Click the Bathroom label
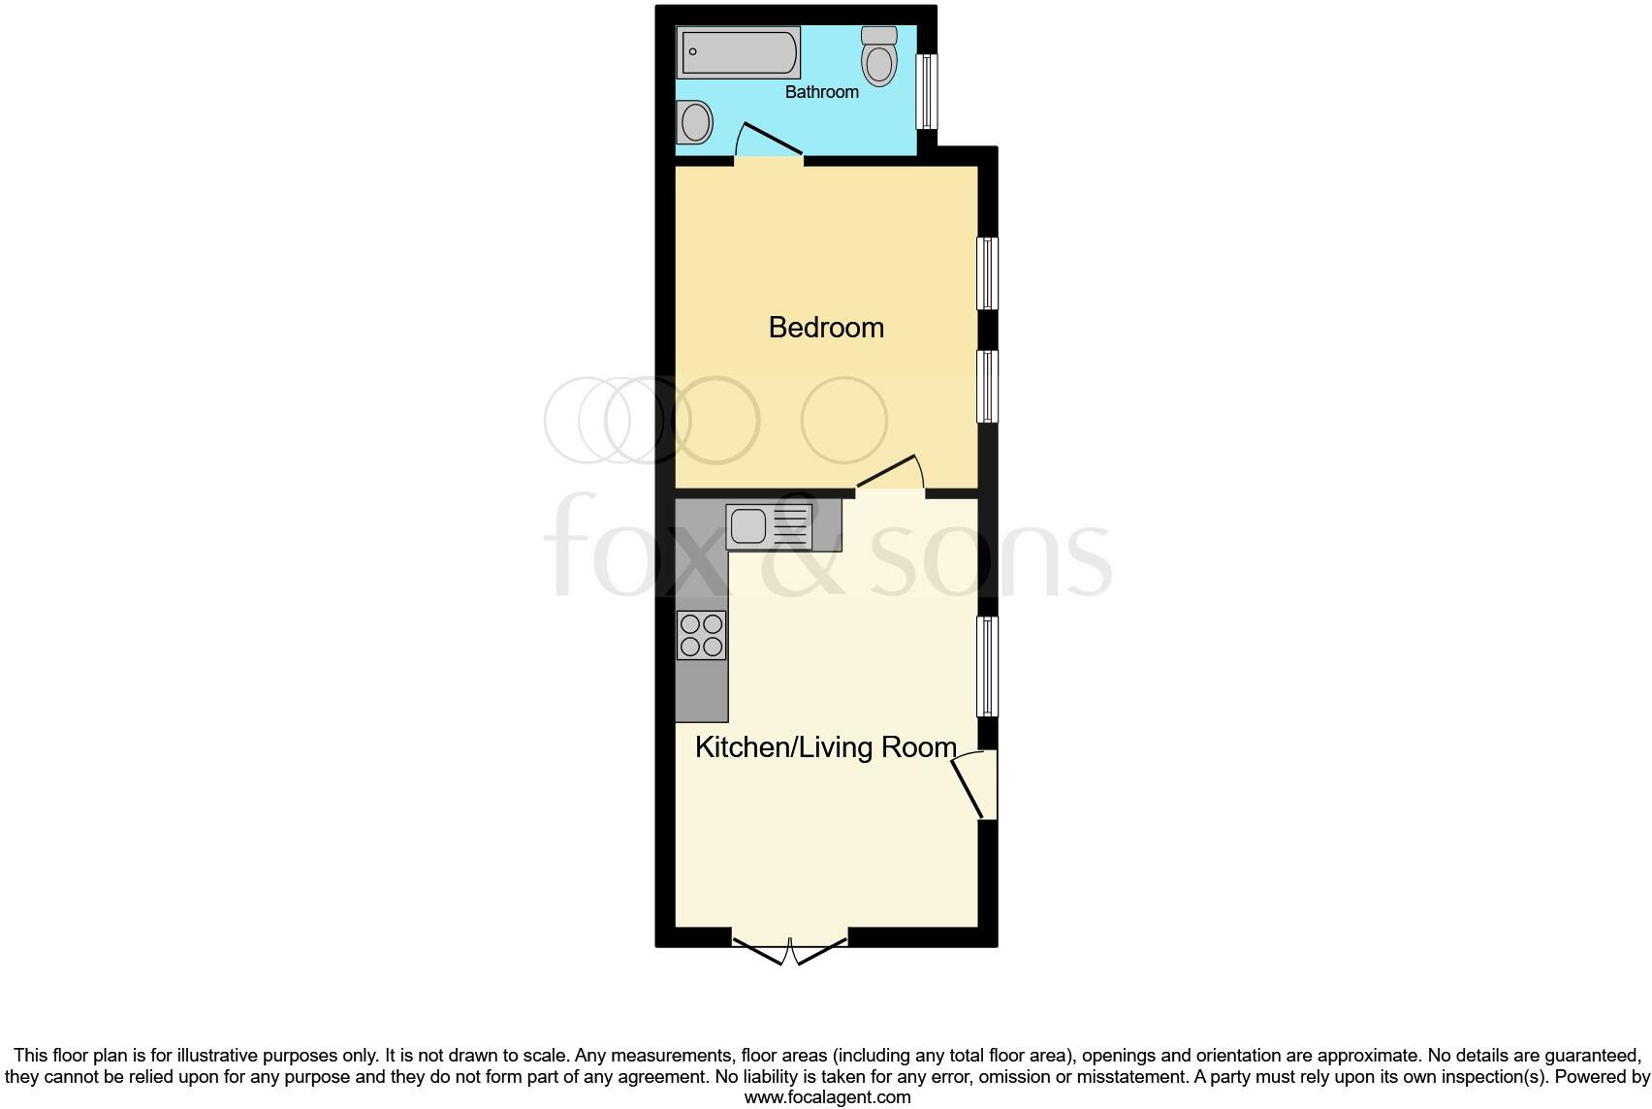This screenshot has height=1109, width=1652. tap(821, 92)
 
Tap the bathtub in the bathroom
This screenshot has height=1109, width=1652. tap(741, 52)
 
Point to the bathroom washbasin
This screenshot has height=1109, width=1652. tap(694, 123)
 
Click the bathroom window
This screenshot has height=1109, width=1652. tap(928, 91)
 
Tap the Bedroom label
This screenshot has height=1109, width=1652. tap(826, 328)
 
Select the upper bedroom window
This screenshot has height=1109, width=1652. tap(987, 273)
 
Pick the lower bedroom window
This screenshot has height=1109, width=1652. tap(987, 386)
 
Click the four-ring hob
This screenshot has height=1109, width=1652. tap(701, 636)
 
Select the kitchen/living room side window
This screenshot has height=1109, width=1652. tap(987, 666)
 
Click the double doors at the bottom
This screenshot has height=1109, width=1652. tap(789, 948)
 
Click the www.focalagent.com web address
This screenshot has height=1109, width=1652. tap(827, 1098)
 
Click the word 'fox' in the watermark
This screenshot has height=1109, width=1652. tap(639, 548)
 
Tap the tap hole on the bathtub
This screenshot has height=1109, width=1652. tap(693, 51)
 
